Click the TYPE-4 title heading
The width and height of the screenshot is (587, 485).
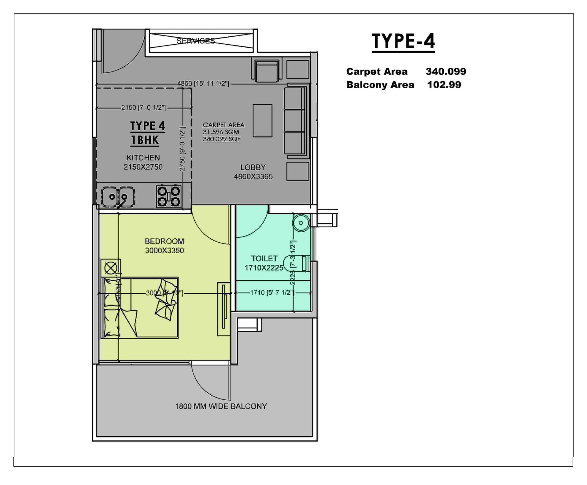click(x=403, y=41)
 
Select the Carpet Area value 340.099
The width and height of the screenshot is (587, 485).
click(x=445, y=72)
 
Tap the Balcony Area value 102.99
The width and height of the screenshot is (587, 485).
click(x=444, y=85)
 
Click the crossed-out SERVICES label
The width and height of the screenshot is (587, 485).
click(x=196, y=41)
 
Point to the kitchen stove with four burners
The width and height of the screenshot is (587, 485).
click(x=168, y=197)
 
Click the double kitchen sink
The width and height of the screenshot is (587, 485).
click(x=118, y=197)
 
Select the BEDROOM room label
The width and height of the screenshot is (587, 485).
click(x=164, y=241)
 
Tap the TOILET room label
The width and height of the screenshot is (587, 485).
click(x=264, y=259)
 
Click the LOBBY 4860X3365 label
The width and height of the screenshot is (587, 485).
click(x=253, y=172)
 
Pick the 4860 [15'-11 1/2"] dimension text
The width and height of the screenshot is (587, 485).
click(x=203, y=84)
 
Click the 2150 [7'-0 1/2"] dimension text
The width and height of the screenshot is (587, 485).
click(x=143, y=108)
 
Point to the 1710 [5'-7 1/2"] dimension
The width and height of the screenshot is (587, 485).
click(x=272, y=293)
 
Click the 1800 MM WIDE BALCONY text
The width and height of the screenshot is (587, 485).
click(x=221, y=406)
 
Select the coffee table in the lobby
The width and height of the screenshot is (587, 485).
click(x=262, y=121)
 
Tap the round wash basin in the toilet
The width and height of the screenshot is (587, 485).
click(x=301, y=223)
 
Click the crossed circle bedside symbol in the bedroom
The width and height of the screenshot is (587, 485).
click(x=111, y=268)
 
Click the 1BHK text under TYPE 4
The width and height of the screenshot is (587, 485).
click(x=145, y=140)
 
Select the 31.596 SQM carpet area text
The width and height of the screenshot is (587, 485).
click(x=221, y=132)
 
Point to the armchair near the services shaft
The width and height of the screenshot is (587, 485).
click(x=267, y=71)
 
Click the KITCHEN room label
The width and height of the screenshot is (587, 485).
click(x=143, y=158)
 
